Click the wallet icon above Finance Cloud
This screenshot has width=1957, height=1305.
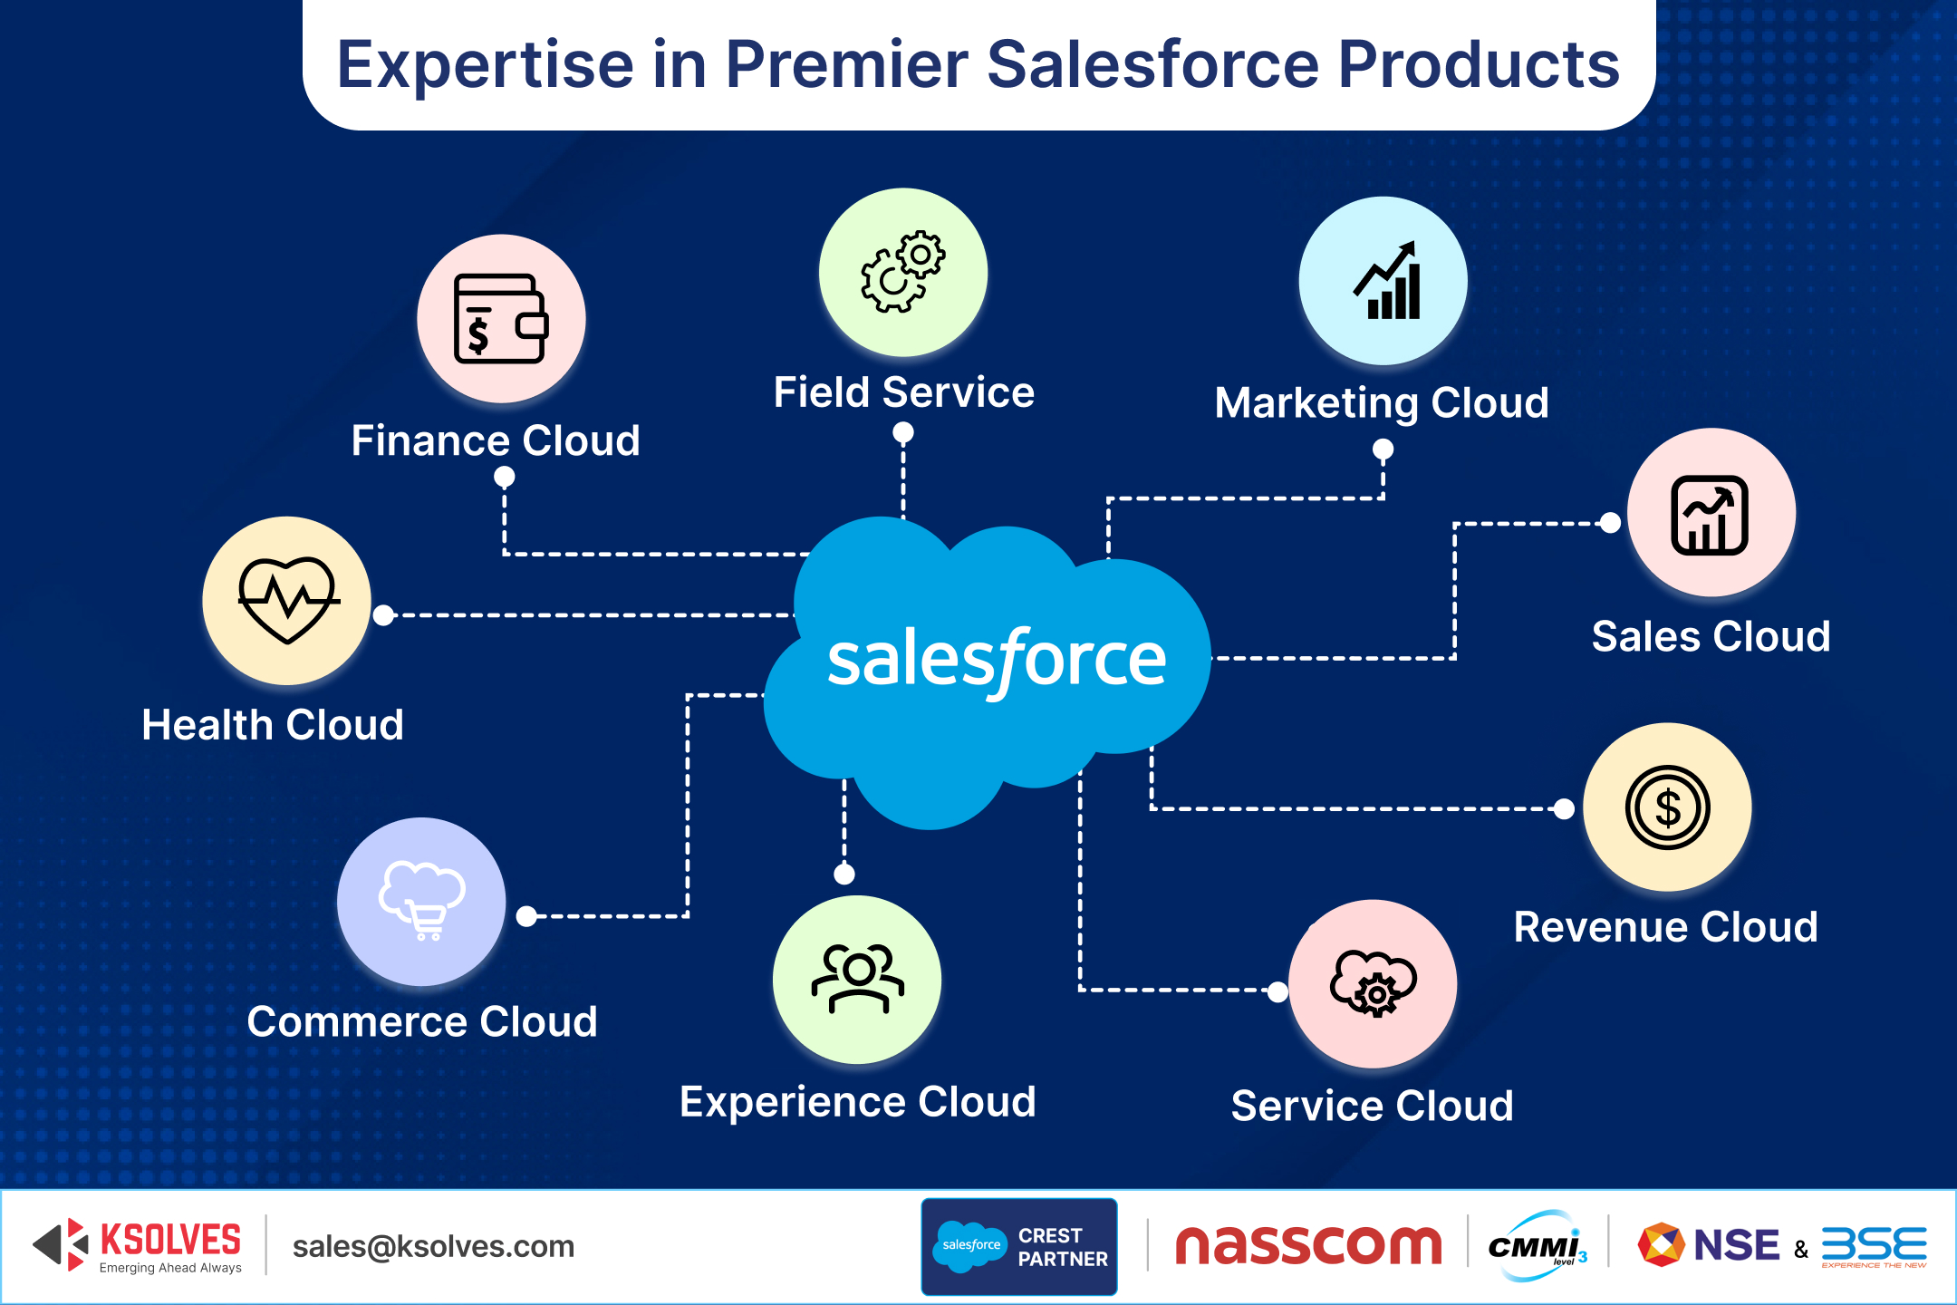coord(500,319)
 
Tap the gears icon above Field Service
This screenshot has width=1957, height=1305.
coord(902,273)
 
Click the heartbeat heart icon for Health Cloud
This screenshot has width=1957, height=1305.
coord(287,600)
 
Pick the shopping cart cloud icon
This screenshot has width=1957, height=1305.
coord(422,901)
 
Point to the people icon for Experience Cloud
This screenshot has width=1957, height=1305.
coord(857,979)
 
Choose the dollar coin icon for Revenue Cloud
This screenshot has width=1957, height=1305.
coord(1667,807)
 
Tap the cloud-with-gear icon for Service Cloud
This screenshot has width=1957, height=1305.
coord(1373,983)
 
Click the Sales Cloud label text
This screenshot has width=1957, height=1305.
coord(1711,636)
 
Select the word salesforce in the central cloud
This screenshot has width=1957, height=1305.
coord(996,660)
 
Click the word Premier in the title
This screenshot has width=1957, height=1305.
coord(847,65)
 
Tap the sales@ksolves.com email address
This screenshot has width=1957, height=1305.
coord(433,1246)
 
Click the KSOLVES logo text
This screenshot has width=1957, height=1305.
coord(170,1240)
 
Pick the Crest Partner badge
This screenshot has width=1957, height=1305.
coord(1019,1247)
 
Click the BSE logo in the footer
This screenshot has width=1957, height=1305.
coord(1874,1245)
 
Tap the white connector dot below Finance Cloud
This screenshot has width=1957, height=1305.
coord(505,477)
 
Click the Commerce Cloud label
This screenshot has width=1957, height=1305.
coord(422,1021)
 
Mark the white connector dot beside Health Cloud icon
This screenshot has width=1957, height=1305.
coord(384,615)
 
